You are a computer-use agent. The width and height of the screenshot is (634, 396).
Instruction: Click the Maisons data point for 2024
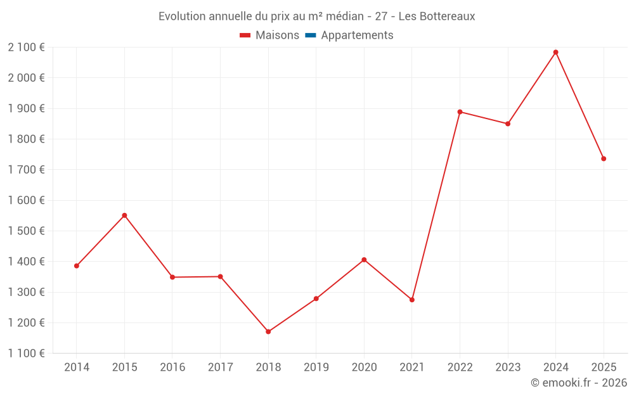[556, 52]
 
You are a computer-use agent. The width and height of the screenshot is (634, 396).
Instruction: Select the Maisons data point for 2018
[268, 331]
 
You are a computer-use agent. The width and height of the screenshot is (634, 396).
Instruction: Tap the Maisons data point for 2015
[124, 215]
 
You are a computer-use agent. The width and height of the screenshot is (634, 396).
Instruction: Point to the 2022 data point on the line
[460, 112]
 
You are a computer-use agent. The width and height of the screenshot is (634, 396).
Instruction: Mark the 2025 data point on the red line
[604, 158]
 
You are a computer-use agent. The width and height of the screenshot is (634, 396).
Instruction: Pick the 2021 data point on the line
[412, 300]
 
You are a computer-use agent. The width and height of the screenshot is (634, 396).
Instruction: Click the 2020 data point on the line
[364, 260]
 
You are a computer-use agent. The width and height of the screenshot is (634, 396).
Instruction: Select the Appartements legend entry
[357, 35]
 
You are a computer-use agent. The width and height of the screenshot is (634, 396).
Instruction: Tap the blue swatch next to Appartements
[310, 35]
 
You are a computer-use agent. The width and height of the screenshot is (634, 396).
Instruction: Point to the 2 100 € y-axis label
[26, 47]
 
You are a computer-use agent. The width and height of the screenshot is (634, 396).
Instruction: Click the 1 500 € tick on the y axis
[26, 231]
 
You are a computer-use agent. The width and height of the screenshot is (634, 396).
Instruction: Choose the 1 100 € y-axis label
[26, 354]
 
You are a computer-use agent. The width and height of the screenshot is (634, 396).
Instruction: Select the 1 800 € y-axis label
[26, 139]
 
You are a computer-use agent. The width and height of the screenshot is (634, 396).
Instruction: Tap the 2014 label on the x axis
[77, 367]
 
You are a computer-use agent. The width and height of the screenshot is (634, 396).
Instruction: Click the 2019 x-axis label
[316, 367]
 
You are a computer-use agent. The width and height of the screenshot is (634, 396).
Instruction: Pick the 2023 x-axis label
[508, 367]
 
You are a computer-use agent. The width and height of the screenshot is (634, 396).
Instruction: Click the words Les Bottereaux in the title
[437, 16]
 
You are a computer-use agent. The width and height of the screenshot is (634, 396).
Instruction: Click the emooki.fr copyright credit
[579, 383]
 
